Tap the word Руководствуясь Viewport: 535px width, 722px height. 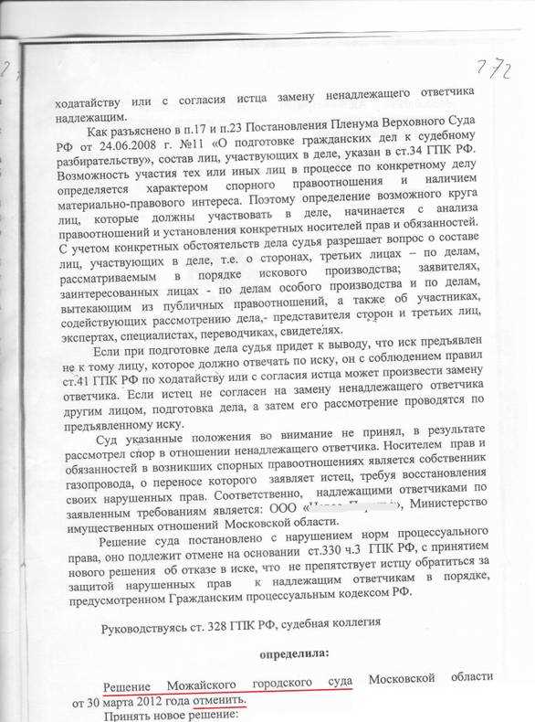pyautogui.click(x=150, y=624)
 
